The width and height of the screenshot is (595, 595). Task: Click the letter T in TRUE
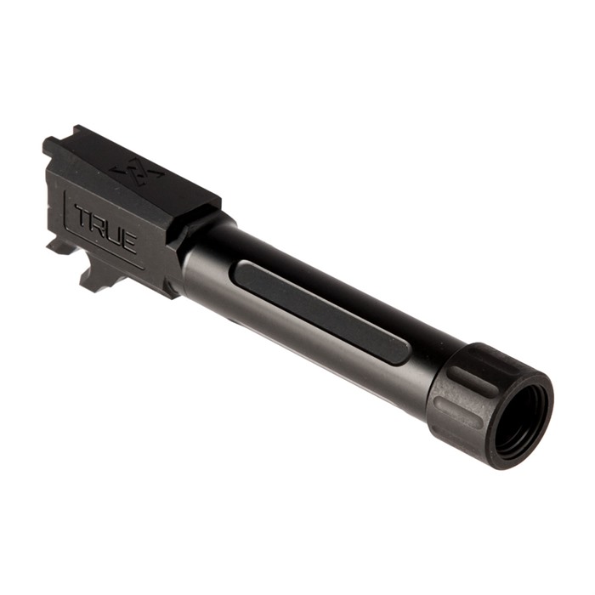pos(82,217)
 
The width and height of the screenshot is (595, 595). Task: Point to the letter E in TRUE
pos(128,240)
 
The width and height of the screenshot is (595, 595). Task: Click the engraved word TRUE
pos(105,228)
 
